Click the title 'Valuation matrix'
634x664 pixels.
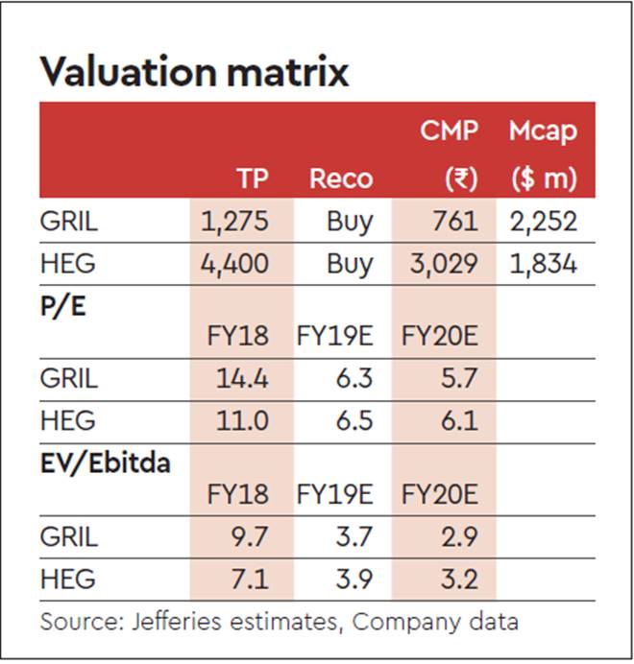(x=193, y=71)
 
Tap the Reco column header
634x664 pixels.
(x=340, y=178)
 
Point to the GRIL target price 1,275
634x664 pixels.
(x=236, y=222)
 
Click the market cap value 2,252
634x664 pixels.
(x=543, y=222)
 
